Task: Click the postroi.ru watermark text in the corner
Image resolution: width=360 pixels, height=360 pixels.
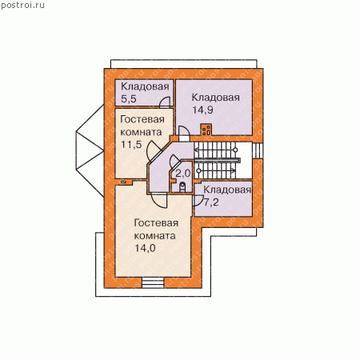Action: (x=22, y=6)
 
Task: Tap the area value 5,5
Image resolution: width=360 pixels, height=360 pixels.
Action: (x=129, y=99)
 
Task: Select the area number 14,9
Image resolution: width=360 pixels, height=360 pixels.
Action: (x=202, y=110)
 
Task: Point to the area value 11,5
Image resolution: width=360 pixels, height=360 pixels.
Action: (x=131, y=144)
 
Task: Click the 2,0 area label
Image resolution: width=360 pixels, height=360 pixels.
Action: (x=183, y=174)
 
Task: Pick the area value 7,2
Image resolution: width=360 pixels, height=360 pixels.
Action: (x=211, y=202)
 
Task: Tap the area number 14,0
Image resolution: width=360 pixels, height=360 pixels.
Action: (x=145, y=248)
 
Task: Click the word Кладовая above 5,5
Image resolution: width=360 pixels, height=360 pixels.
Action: (x=145, y=86)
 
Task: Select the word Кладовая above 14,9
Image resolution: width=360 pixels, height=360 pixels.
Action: (x=215, y=98)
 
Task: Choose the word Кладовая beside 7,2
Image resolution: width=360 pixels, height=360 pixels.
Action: (x=227, y=190)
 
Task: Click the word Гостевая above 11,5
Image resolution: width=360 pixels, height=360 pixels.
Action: (x=142, y=119)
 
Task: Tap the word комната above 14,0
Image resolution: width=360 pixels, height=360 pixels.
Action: (x=154, y=236)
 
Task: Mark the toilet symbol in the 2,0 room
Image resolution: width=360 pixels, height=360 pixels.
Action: (x=182, y=186)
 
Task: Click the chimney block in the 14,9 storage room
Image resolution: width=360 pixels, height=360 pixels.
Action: (x=206, y=130)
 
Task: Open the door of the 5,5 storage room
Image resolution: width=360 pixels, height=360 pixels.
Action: (x=165, y=102)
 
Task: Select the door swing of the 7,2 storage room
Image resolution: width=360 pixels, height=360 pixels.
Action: (x=198, y=201)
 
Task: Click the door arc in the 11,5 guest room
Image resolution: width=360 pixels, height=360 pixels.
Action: (x=153, y=150)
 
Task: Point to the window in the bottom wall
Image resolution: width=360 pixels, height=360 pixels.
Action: (x=153, y=282)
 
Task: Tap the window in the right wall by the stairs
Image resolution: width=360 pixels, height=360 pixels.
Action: (x=258, y=151)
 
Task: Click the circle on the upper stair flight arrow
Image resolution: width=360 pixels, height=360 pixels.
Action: (x=235, y=150)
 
